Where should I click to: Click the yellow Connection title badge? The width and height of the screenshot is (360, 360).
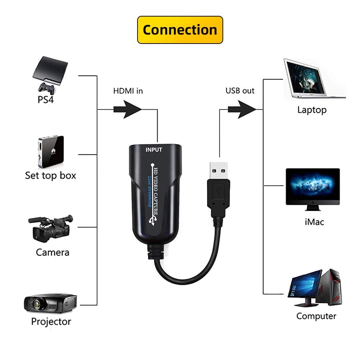(180, 30)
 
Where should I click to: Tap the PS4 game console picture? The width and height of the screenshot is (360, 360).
(50, 75)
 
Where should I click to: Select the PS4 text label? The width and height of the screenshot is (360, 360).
(46, 100)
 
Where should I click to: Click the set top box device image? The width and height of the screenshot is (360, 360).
(51, 152)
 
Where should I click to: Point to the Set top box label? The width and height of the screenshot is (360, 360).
(50, 176)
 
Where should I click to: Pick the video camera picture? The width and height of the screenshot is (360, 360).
(50, 229)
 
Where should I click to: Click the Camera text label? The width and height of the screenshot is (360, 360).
(53, 252)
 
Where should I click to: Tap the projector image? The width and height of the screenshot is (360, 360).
(50, 303)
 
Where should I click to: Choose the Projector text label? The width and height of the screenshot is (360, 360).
(51, 321)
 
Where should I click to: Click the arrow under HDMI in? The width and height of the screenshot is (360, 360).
(127, 109)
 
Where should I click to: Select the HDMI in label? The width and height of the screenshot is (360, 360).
(128, 91)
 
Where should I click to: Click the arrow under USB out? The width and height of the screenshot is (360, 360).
(242, 109)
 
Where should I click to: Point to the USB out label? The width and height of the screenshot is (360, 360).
(240, 91)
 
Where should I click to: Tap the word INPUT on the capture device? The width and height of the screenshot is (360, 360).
(154, 150)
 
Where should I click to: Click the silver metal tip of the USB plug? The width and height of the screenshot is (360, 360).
(219, 171)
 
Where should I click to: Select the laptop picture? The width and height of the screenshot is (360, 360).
(314, 79)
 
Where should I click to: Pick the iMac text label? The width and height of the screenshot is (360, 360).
(314, 222)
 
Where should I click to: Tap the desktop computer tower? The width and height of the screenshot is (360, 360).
(329, 287)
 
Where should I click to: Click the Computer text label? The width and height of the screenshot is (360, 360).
(316, 316)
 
